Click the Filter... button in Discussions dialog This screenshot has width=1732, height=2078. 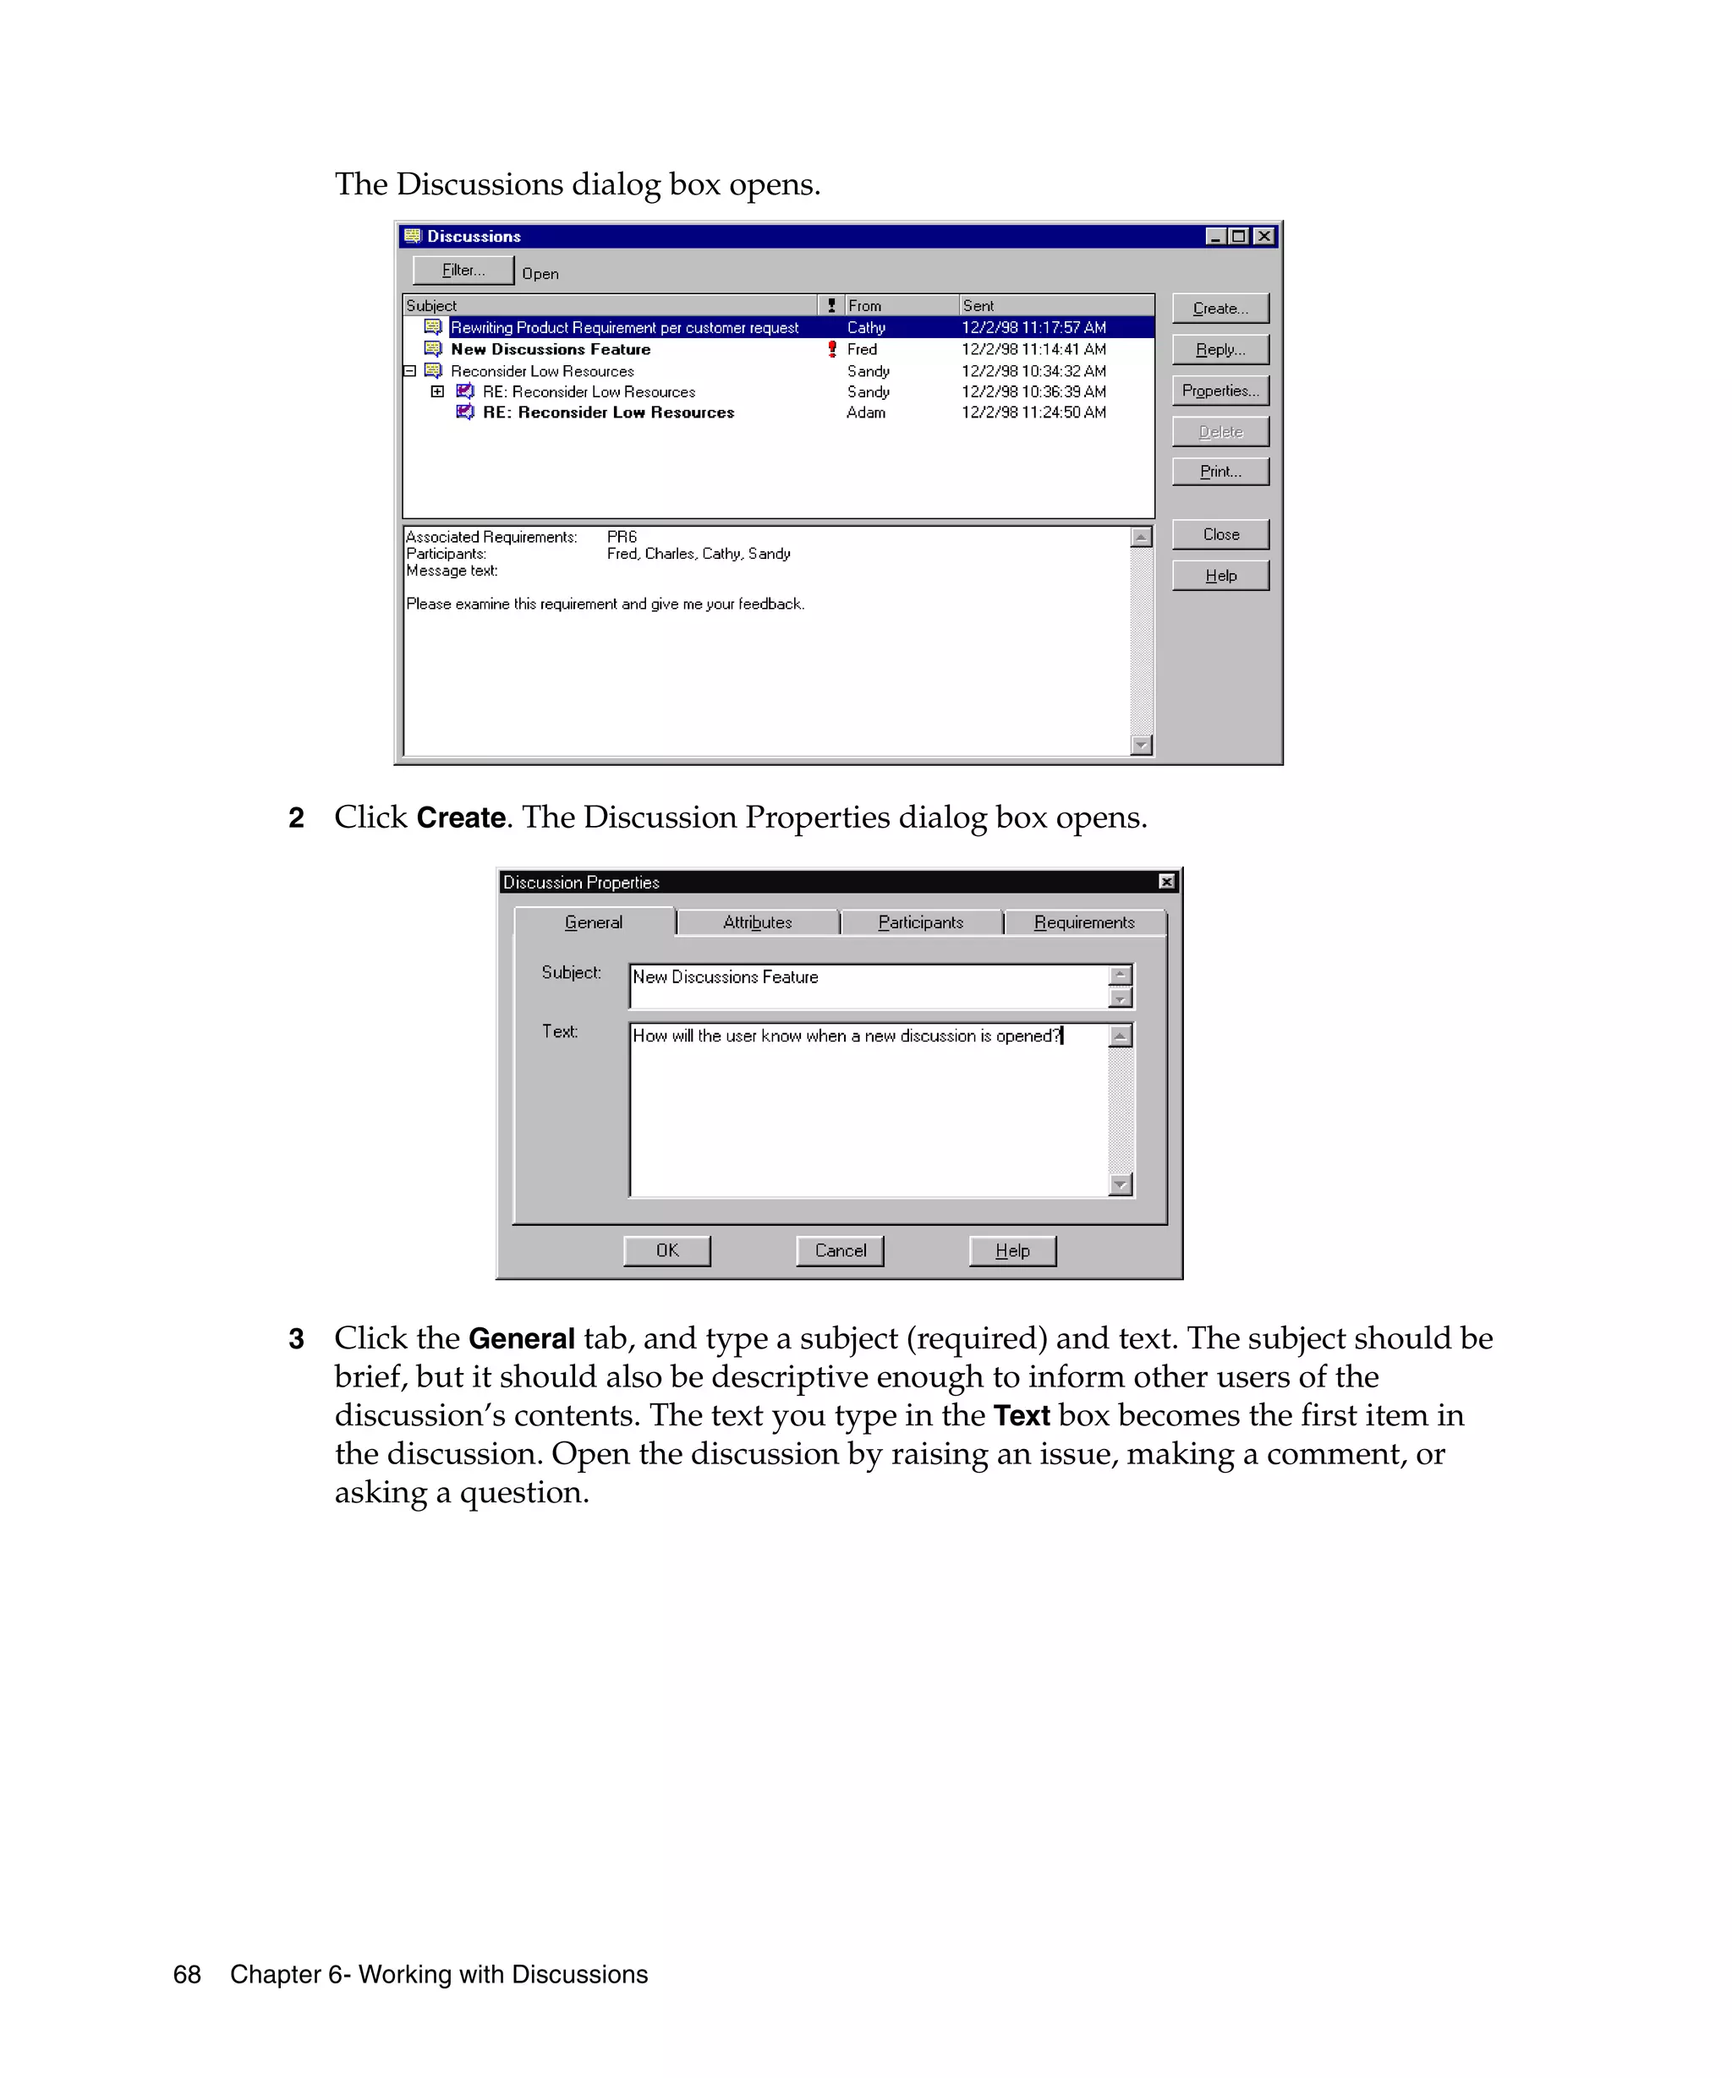point(463,271)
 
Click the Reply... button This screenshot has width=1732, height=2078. point(1220,349)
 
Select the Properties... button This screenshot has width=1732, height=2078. point(1220,391)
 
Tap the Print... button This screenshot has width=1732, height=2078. point(1220,472)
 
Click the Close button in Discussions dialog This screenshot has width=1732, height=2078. point(1220,534)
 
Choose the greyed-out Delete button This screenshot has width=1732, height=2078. point(1220,431)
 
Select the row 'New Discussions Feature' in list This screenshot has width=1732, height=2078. point(551,349)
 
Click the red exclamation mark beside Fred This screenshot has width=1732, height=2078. point(831,349)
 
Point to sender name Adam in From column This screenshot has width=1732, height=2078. point(865,413)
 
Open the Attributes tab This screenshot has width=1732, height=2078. point(757,922)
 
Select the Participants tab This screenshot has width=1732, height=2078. point(920,922)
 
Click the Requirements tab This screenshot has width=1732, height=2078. point(1083,922)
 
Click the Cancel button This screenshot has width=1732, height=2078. point(839,1250)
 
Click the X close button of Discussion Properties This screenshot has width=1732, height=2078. point(1167,882)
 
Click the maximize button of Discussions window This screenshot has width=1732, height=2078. point(1239,237)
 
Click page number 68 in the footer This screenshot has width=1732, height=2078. point(187,1975)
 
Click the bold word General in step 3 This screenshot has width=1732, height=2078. point(521,1339)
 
